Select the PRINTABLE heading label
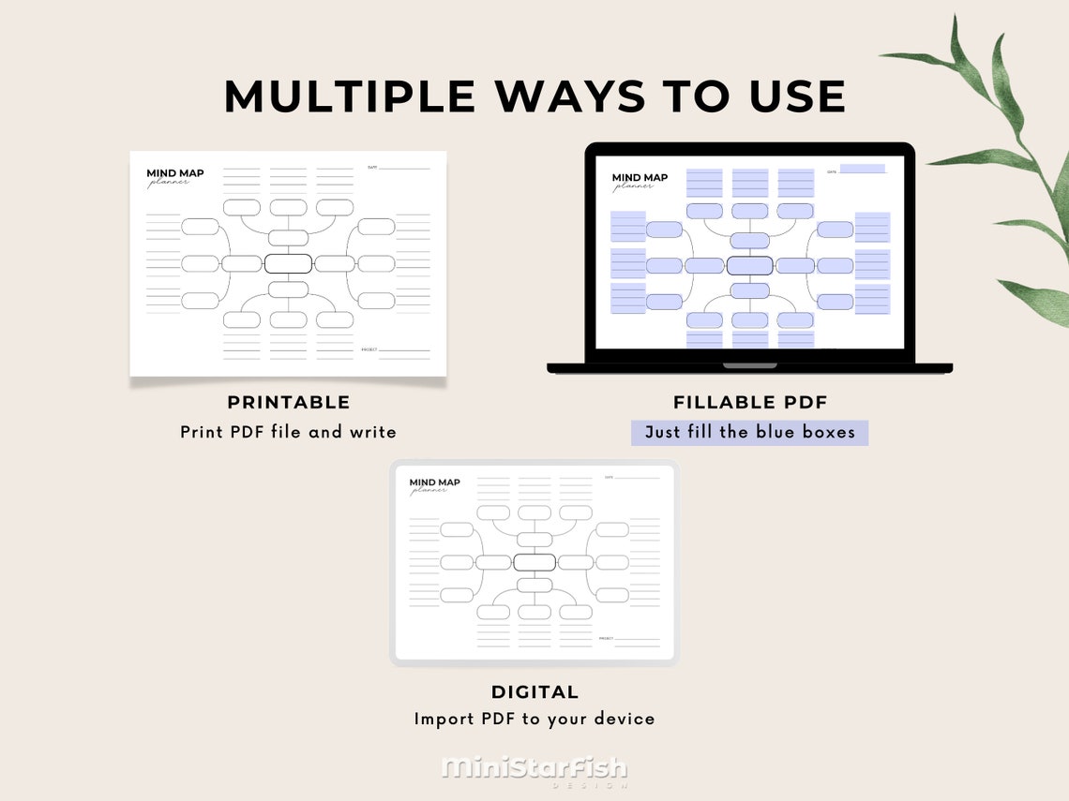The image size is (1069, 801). pyautogui.click(x=289, y=403)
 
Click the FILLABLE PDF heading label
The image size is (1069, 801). pyautogui.click(x=750, y=403)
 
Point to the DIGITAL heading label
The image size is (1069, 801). pyautogui.click(x=534, y=692)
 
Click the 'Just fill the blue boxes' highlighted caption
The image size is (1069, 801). pyautogui.click(x=749, y=433)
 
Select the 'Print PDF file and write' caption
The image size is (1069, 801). pyautogui.click(x=289, y=433)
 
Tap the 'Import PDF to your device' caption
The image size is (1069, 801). pyautogui.click(x=534, y=719)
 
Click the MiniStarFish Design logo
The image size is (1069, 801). pyautogui.click(x=534, y=770)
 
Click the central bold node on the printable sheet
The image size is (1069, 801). pyautogui.click(x=288, y=263)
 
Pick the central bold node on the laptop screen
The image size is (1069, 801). pyautogui.click(x=749, y=265)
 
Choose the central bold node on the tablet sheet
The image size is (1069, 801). pyautogui.click(x=534, y=562)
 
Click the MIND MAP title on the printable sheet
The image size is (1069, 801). pyautogui.click(x=174, y=173)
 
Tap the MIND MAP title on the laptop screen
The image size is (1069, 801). pyautogui.click(x=640, y=178)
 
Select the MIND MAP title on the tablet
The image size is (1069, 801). pyautogui.click(x=434, y=482)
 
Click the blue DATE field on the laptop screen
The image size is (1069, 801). pyautogui.click(x=862, y=169)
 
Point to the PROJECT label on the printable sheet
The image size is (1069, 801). pyautogui.click(x=369, y=349)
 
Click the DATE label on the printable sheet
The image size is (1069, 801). pyautogui.click(x=371, y=168)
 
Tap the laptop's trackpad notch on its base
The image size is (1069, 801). pyautogui.click(x=749, y=365)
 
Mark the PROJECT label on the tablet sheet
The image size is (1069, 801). pyautogui.click(x=605, y=639)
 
